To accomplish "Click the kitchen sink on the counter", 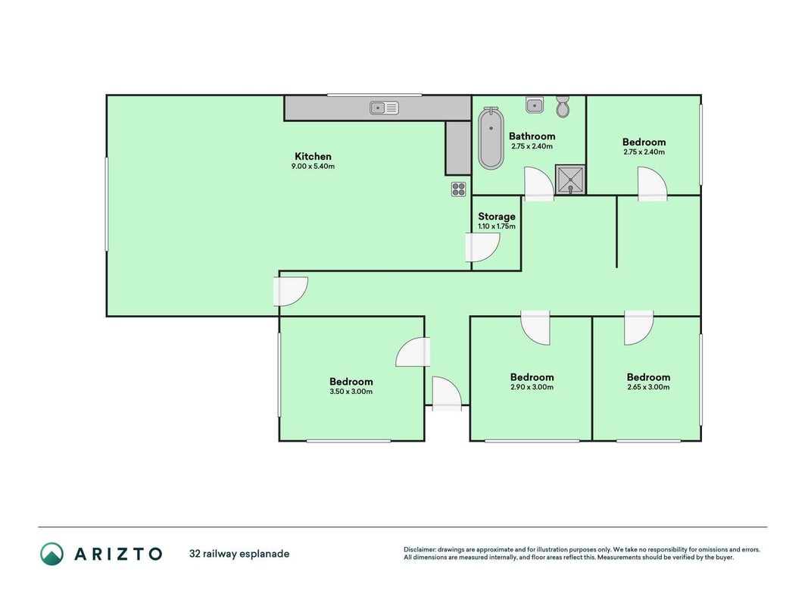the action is pyautogui.click(x=384, y=108).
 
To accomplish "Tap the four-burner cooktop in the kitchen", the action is pyautogui.click(x=459, y=189).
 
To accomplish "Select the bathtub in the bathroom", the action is pyautogui.click(x=491, y=138).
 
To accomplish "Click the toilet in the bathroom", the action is pyautogui.click(x=563, y=107).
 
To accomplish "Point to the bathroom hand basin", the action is pyautogui.click(x=535, y=105).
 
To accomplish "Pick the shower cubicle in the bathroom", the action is pyautogui.click(x=570, y=180).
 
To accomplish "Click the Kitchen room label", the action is pyautogui.click(x=313, y=156).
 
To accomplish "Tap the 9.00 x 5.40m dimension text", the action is pyautogui.click(x=313, y=167).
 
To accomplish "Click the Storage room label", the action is pyautogui.click(x=496, y=217).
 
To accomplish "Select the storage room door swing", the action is pyautogui.click(x=482, y=248).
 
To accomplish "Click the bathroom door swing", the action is pyautogui.click(x=539, y=183).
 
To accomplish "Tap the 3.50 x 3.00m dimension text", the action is pyautogui.click(x=351, y=392).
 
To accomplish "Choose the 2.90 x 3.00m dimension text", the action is pyautogui.click(x=532, y=387).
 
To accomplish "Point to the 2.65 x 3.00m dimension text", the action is pyautogui.click(x=648, y=387).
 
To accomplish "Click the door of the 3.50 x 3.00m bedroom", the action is pyautogui.click(x=413, y=352).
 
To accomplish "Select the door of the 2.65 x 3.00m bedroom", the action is pyautogui.click(x=639, y=328).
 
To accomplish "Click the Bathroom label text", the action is pyautogui.click(x=532, y=136).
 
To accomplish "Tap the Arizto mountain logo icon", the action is pyautogui.click(x=52, y=554).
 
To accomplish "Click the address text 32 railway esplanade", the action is pyautogui.click(x=239, y=554).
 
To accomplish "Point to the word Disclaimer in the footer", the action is pyautogui.click(x=420, y=550).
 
